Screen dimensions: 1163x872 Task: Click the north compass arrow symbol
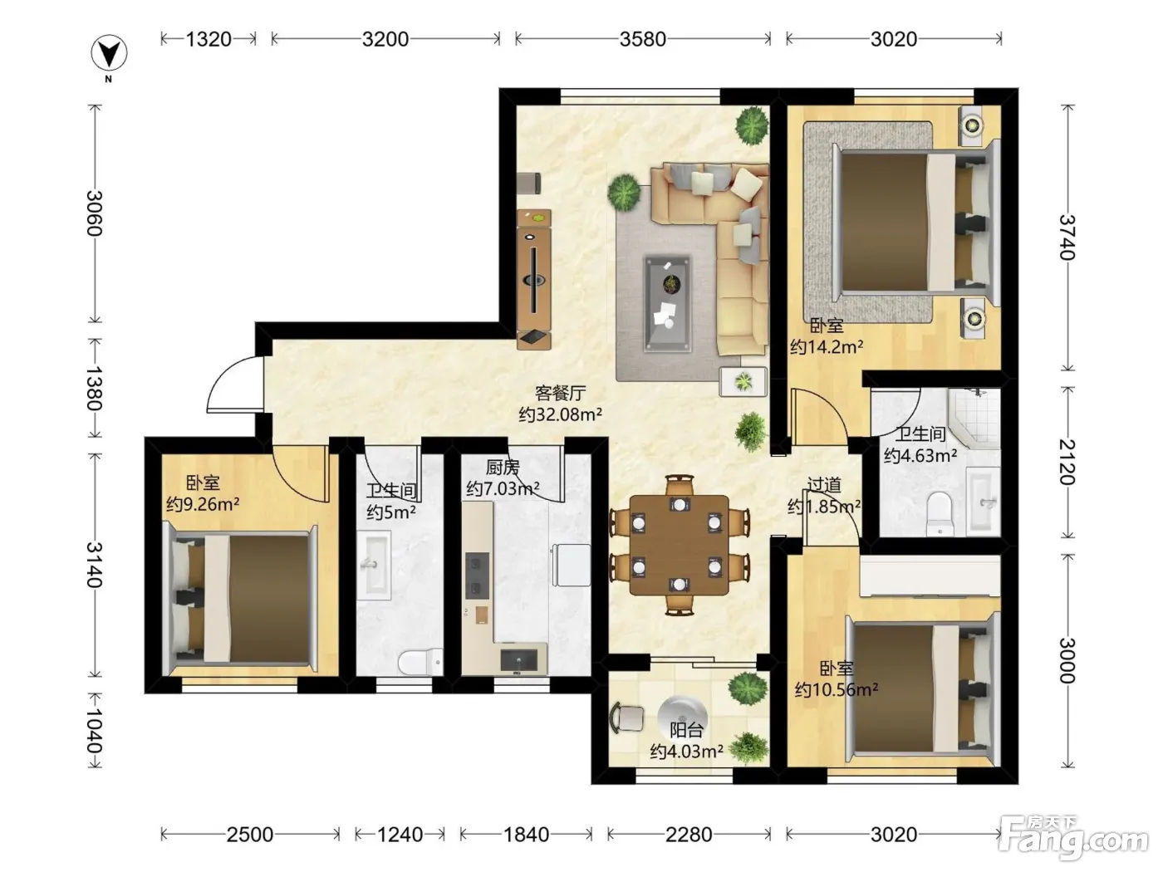coord(109,54)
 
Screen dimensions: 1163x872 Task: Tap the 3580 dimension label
coord(643,39)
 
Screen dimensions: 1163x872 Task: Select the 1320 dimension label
coord(209,39)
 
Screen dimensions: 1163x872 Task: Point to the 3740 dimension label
coord(1067,237)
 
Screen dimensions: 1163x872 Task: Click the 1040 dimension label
coord(94,731)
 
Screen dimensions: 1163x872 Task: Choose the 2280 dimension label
coord(689,835)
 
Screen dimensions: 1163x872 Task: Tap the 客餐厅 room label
coord(560,393)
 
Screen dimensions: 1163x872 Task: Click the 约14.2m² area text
coord(827,347)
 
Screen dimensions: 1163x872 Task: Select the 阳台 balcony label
coord(686,731)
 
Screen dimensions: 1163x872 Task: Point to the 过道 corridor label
coord(824,485)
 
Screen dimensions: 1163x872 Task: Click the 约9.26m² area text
coord(203,504)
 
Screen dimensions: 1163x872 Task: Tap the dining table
coord(680,545)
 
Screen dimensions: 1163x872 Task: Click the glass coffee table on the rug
coord(668,305)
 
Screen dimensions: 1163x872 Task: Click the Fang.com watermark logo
coord(1073,838)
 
